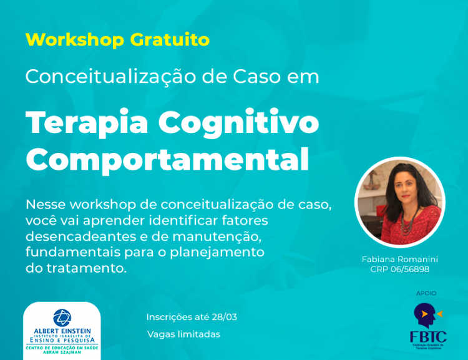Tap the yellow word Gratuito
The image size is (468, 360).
tap(170, 40)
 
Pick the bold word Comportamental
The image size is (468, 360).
tap(167, 159)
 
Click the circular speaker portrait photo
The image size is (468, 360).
tap(400, 202)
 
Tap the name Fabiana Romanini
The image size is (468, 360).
tap(400, 259)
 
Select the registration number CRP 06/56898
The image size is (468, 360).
tap(400, 270)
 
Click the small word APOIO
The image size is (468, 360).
tap(426, 293)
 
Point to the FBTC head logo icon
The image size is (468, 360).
tap(427, 315)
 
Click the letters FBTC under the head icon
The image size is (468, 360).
tap(428, 337)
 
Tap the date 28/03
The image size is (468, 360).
tap(223, 317)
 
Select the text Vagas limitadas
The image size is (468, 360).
tap(183, 334)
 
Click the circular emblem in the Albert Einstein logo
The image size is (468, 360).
tap(62, 318)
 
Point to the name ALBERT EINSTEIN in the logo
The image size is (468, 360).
tap(62, 331)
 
